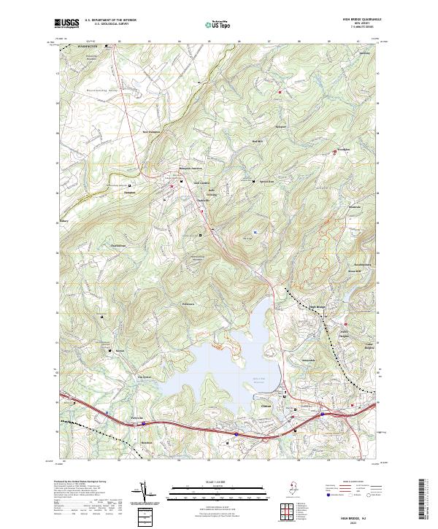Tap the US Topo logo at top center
click(x=219, y=25)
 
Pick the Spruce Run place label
click(x=266, y=181)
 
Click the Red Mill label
click(x=256, y=141)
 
